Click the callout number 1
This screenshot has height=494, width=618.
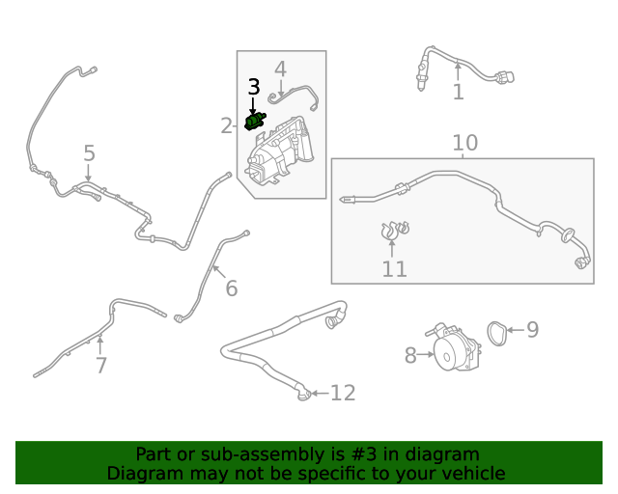pos(458,92)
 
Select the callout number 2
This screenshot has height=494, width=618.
pos(226,125)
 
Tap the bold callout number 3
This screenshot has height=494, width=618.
pos(254,87)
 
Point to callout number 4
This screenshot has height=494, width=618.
pos(280,69)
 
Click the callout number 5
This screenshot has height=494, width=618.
pos(89,153)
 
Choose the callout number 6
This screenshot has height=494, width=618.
pos(231,288)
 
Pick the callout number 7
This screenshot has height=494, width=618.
pos(100,365)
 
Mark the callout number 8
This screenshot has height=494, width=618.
pos(410,356)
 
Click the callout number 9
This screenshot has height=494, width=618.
pos(532,330)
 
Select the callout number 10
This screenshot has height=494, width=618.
pos(464,144)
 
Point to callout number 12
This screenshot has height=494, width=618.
pos(343,393)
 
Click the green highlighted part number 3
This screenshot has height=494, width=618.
pos(256,122)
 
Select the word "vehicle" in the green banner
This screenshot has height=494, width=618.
pos(473,473)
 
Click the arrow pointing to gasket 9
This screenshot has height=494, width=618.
pos(515,330)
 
